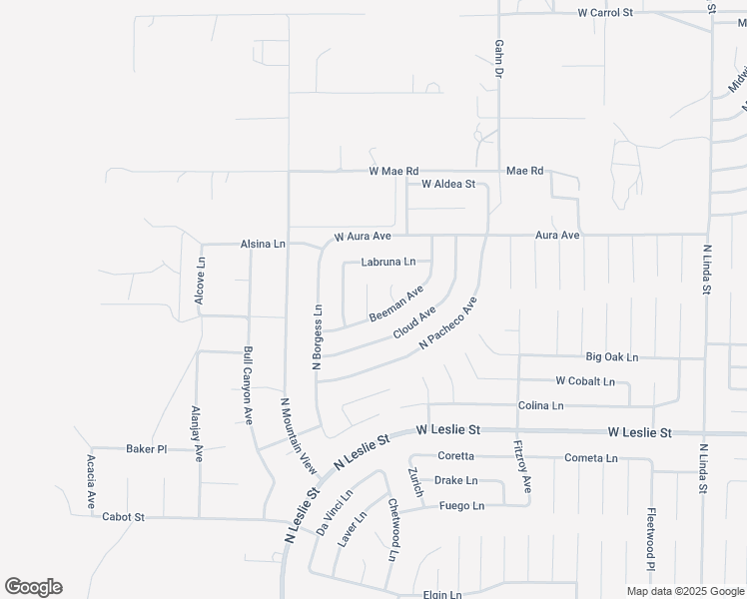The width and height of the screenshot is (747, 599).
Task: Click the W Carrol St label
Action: (605, 13)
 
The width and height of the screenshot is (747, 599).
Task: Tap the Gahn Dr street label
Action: (497, 60)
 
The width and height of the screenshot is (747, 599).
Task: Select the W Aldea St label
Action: (447, 185)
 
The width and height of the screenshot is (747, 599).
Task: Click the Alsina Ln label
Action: (263, 244)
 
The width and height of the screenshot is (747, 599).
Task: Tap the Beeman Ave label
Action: (396, 303)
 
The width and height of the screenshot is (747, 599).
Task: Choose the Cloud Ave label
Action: (414, 321)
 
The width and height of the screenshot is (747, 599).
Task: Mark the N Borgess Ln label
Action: (318, 337)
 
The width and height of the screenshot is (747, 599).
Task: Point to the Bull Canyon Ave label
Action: (247, 386)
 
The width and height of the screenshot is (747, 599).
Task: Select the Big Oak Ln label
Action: (611, 356)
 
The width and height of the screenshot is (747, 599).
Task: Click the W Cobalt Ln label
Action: (585, 381)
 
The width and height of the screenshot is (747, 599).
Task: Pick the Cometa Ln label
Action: (591, 458)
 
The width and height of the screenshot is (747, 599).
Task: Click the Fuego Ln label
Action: (461, 506)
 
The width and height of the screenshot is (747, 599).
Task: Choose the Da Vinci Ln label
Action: (335, 513)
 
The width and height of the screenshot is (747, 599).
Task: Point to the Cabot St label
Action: (123, 517)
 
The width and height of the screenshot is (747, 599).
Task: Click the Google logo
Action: (33, 587)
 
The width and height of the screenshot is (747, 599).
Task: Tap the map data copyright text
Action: (685, 591)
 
